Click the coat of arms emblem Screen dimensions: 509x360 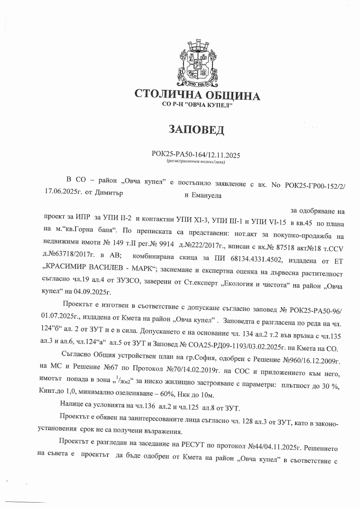(197, 62)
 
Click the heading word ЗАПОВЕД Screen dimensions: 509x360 (196, 130)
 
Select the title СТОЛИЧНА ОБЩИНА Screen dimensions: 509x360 (197, 95)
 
